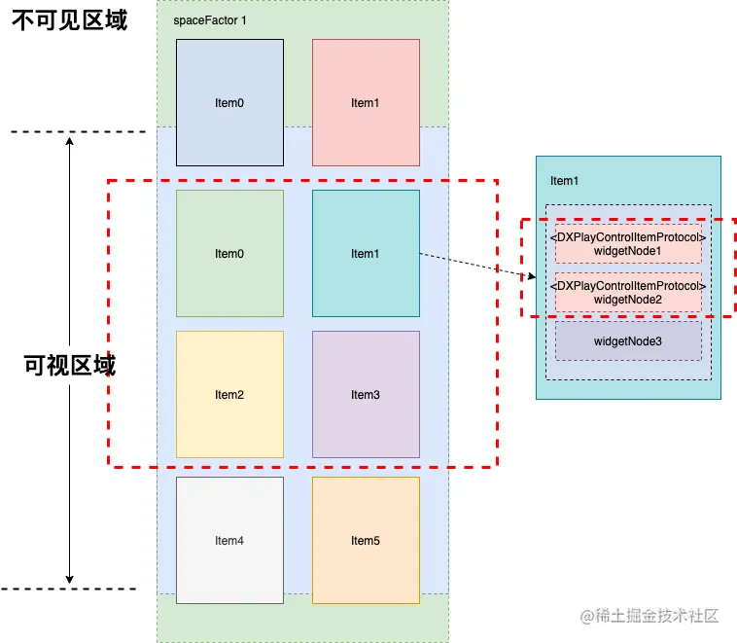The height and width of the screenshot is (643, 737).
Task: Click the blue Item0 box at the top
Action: point(229,102)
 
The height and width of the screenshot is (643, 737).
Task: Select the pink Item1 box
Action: point(366,102)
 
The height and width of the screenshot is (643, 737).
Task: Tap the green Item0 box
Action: point(229,253)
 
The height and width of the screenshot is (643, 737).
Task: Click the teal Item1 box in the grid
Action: point(366,253)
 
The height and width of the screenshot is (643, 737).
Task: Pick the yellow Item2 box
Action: point(229,394)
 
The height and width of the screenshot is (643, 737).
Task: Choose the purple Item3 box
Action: point(366,394)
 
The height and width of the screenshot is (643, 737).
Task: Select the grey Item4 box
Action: point(229,540)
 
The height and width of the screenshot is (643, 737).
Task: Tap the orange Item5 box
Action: point(366,540)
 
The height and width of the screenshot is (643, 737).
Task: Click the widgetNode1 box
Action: point(628,244)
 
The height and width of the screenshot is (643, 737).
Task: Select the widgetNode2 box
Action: point(628,293)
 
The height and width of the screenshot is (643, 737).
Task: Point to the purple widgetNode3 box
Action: point(628,341)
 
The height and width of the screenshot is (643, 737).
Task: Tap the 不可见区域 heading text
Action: point(69,20)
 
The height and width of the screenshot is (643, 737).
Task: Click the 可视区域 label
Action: point(69,366)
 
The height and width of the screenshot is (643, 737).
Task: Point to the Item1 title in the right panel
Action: point(564,180)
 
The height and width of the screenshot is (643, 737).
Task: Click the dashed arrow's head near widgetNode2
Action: point(532,278)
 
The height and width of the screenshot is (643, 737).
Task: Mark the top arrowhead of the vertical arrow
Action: point(70,141)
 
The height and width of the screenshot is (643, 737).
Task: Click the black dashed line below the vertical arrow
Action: point(68,589)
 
